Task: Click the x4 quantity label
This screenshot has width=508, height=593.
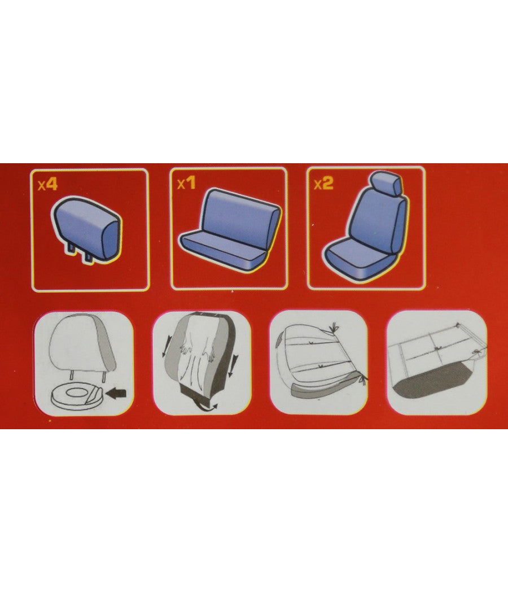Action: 47,185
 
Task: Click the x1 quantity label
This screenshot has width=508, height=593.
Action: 187,184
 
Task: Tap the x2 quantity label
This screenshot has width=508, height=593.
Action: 324,184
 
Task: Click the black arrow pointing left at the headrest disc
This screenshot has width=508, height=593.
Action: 116,394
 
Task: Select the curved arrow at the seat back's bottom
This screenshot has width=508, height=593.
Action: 207,407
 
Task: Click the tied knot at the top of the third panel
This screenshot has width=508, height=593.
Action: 334,328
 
